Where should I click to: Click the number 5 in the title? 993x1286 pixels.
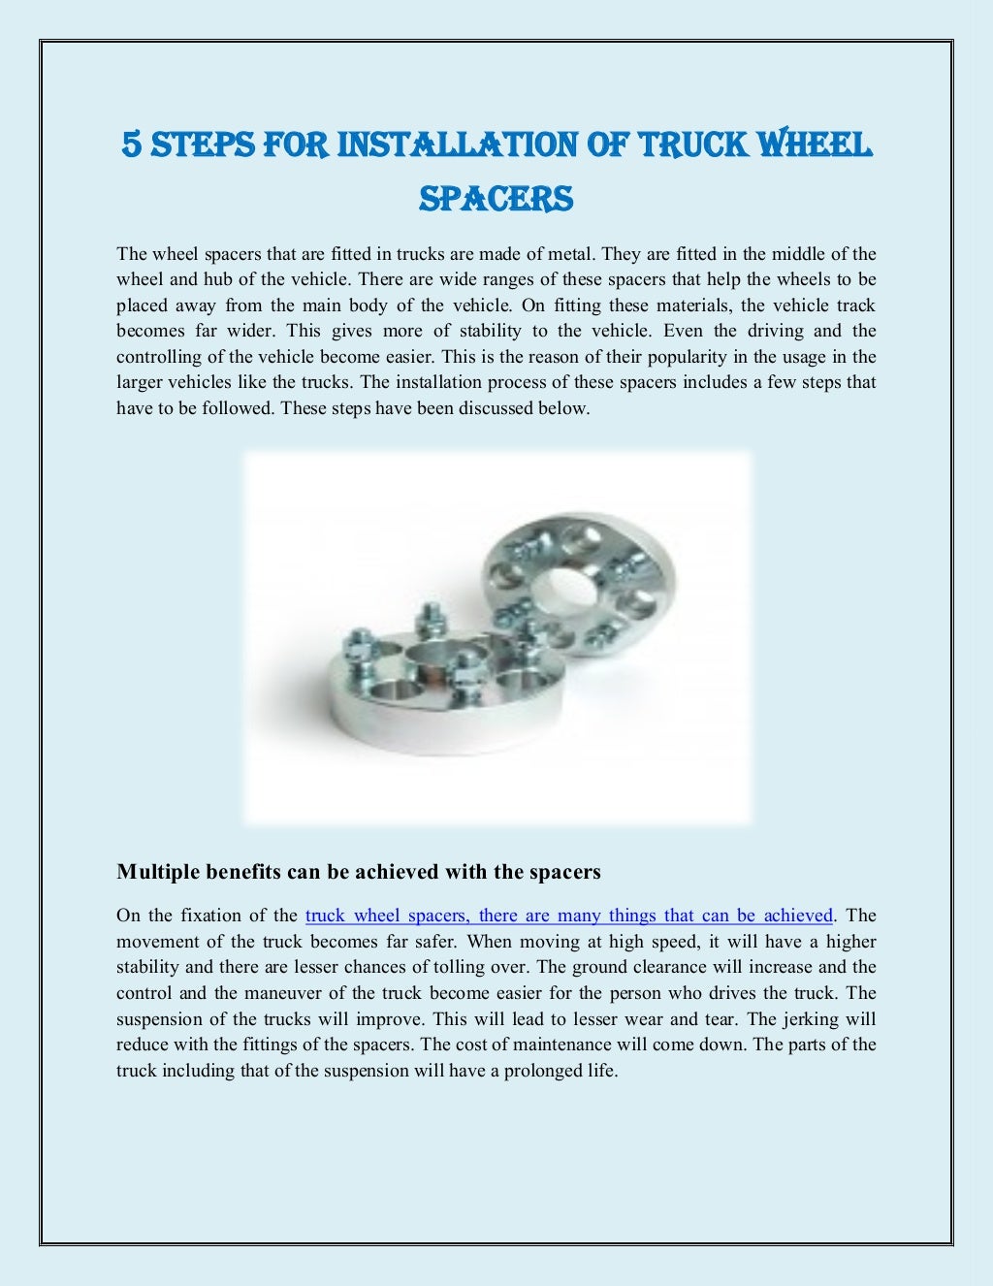pos(132,145)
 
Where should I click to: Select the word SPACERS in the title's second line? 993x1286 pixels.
pos(496,199)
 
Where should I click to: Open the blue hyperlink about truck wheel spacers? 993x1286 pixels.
pos(569,916)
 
